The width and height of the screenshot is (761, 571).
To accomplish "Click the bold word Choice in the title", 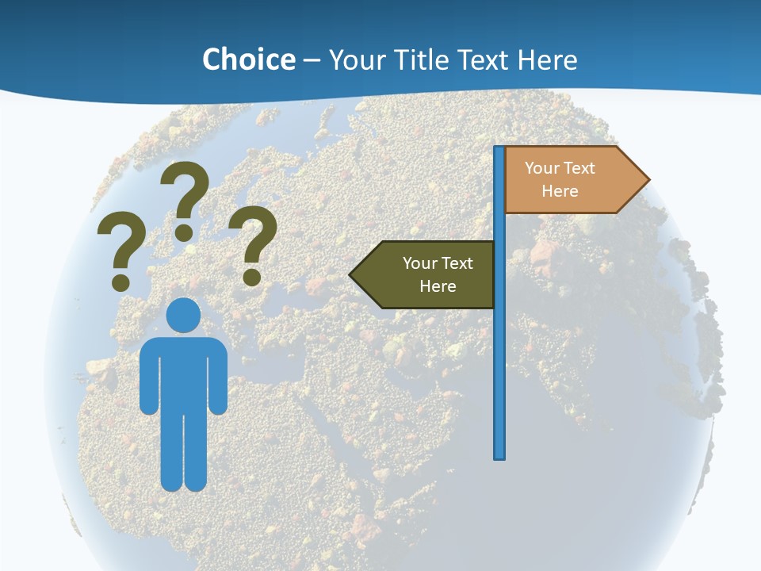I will click(x=248, y=59).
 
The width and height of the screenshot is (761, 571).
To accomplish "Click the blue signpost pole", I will click(x=499, y=357).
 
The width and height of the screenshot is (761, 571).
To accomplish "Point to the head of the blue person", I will click(x=184, y=315).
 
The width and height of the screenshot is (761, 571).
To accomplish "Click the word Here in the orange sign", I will click(x=560, y=191).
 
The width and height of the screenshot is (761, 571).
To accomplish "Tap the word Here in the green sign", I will click(x=438, y=286).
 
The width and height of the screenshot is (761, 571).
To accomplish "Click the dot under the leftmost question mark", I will click(x=120, y=282).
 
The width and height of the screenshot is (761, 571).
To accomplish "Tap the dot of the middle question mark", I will click(x=184, y=232).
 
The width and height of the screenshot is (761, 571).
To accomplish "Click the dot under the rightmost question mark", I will click(x=252, y=277).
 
